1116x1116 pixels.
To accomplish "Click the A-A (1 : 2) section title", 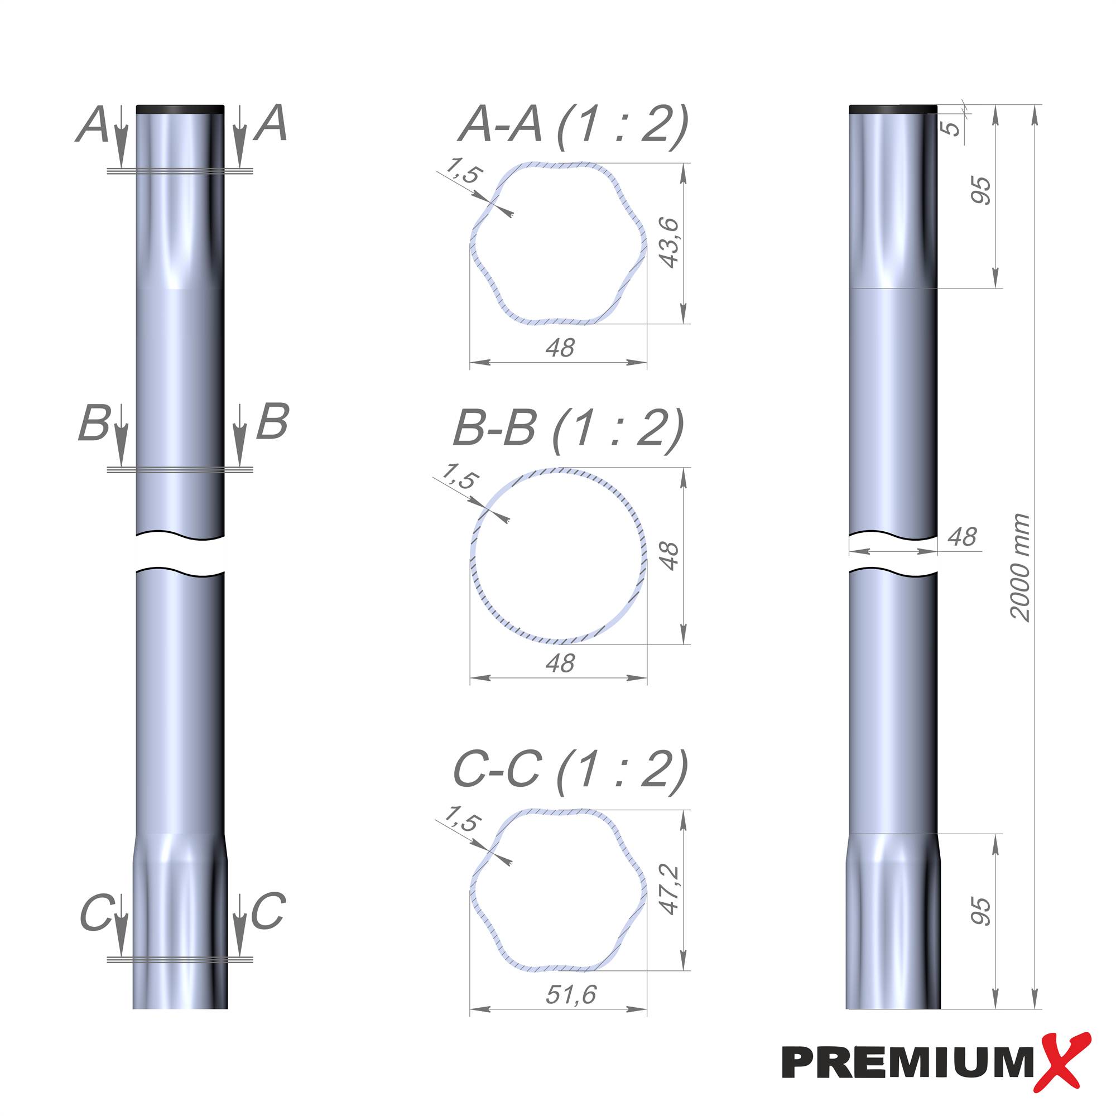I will coord(574,125).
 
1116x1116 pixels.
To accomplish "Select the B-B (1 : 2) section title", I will coord(569,429).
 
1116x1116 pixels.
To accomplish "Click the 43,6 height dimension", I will coord(670,243).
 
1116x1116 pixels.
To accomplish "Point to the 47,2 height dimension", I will coord(670,889).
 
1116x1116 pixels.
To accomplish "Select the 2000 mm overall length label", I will coord(1020,567).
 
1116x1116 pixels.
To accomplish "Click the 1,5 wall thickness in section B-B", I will coord(460,477).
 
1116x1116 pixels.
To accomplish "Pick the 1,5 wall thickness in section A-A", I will coord(463,171).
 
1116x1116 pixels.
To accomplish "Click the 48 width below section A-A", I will coord(560,348).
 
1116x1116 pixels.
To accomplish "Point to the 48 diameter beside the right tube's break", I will coord(962,537).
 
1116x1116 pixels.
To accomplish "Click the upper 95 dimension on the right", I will coord(980,191).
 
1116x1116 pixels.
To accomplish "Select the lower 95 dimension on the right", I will coord(980,912).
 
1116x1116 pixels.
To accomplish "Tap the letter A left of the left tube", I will coord(93,126).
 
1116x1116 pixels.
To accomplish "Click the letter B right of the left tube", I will coord(272,422).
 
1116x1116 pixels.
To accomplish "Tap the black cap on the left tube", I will coord(180,109).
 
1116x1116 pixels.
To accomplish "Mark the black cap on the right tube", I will coord(892,109).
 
